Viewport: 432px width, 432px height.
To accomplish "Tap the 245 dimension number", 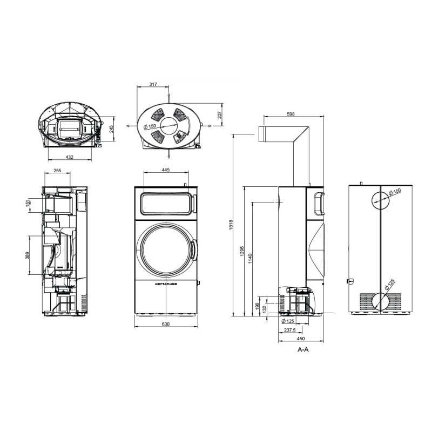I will coord(112,130).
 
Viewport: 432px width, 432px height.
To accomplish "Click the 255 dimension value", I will coord(58,171).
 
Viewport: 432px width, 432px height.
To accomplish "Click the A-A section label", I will coord(303,350).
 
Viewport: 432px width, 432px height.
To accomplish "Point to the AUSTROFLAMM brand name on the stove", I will coord(166,284).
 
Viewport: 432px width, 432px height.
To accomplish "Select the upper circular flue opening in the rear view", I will coord(380,199).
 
